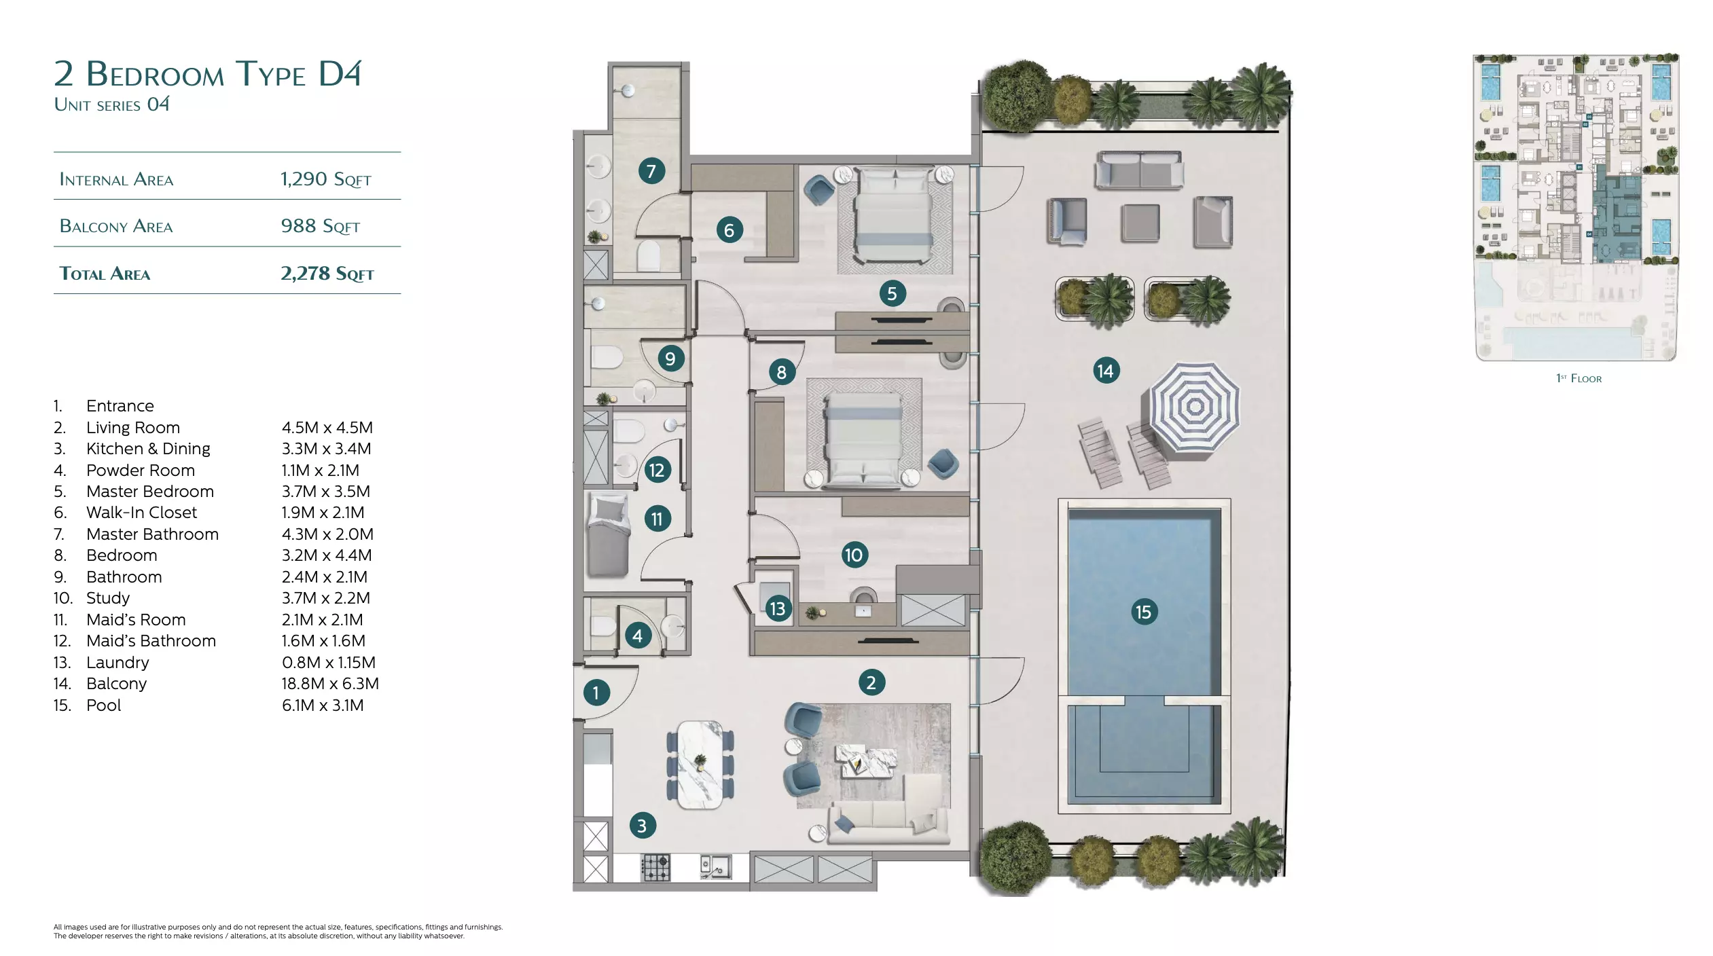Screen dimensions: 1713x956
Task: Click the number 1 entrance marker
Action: click(x=596, y=693)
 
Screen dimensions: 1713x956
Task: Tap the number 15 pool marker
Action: click(x=1144, y=612)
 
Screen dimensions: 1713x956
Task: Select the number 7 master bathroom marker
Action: click(x=651, y=170)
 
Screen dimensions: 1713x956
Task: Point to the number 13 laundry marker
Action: click(x=778, y=608)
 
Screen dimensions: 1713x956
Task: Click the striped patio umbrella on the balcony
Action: click(x=1194, y=408)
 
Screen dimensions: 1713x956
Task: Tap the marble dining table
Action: click(x=700, y=765)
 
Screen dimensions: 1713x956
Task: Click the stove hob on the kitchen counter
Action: click(x=656, y=867)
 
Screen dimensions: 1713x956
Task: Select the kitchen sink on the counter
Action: click(x=716, y=866)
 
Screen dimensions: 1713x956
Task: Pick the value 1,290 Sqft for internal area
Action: click(x=326, y=179)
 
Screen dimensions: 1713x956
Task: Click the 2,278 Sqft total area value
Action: click(x=327, y=273)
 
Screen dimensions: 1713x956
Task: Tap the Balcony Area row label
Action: click(x=116, y=226)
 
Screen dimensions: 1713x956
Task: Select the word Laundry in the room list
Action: click(x=118, y=663)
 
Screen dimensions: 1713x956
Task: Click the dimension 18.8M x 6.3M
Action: click(x=330, y=684)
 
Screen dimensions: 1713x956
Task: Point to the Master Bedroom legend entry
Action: click(x=150, y=492)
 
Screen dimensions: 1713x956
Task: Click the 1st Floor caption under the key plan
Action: click(x=1579, y=378)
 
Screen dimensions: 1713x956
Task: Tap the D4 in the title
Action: click(x=340, y=73)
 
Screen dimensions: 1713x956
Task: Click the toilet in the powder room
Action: click(x=603, y=625)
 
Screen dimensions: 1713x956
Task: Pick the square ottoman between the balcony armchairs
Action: click(x=1140, y=222)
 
